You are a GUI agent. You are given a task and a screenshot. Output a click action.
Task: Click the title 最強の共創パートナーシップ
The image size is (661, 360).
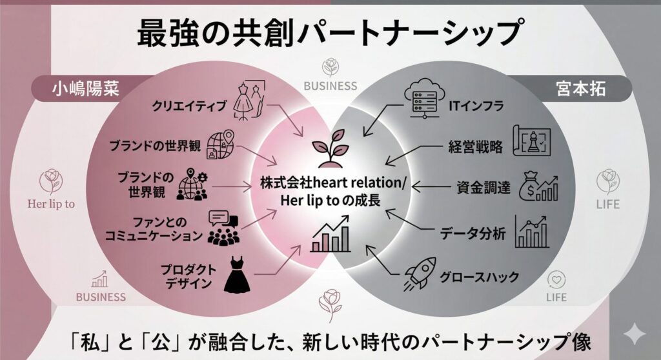329,33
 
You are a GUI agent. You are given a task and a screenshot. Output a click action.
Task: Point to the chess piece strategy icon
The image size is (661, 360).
531,140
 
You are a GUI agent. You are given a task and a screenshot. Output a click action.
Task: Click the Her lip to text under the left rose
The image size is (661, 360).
51,204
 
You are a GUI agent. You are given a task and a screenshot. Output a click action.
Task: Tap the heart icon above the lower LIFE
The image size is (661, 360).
556,279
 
